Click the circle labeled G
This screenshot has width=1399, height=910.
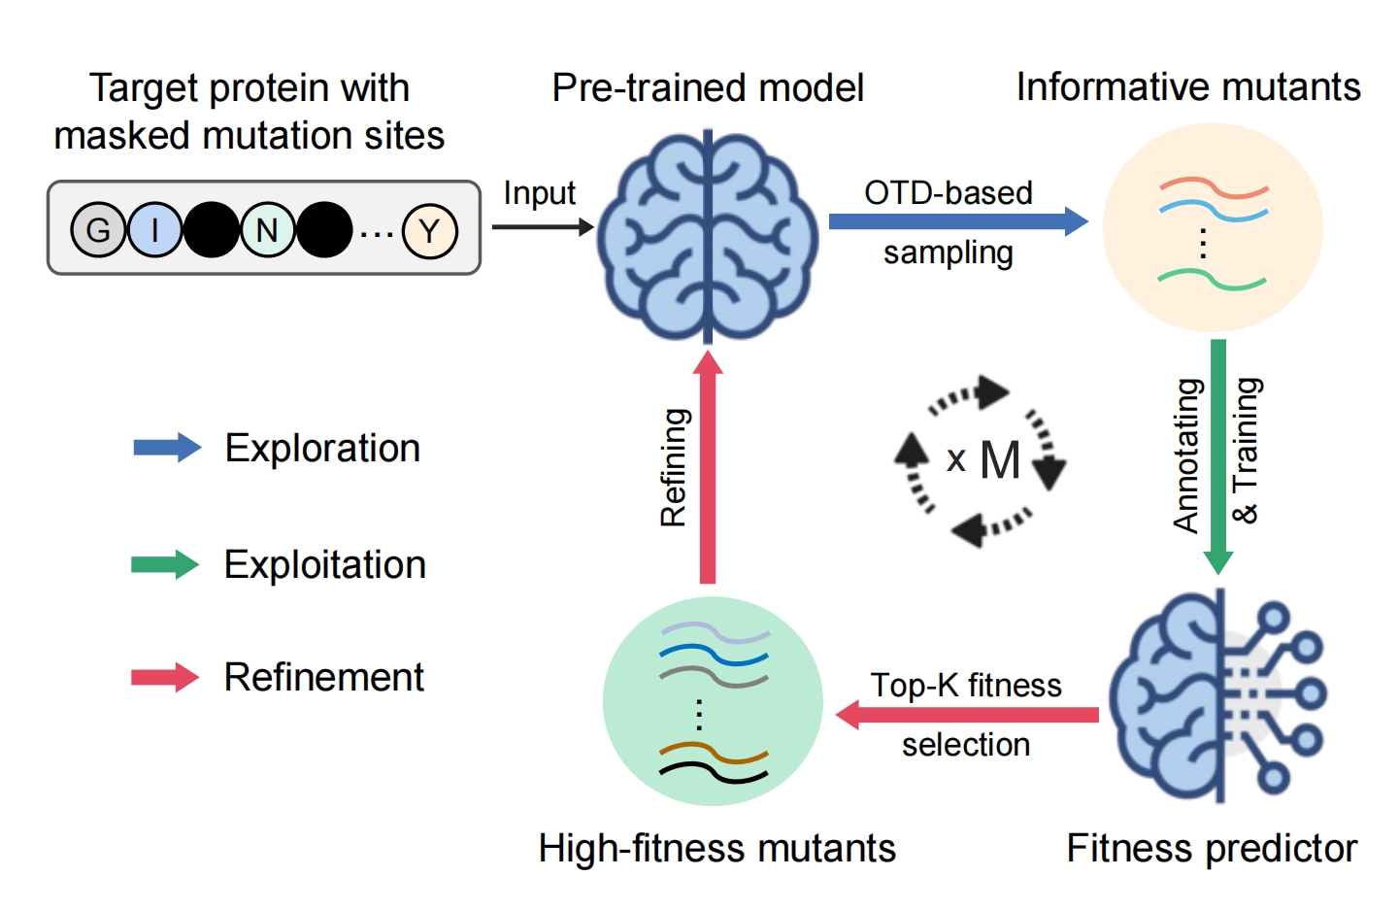[98, 230]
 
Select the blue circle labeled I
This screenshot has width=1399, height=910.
[154, 230]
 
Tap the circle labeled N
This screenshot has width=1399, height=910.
[267, 230]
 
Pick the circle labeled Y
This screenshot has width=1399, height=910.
[429, 231]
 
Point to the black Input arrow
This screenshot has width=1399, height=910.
[542, 227]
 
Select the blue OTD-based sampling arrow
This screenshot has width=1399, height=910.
[957, 221]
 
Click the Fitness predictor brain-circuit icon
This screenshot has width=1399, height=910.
[1217, 695]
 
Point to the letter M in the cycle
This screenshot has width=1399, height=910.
[1000, 460]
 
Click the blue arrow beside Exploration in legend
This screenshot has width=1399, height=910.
[166, 448]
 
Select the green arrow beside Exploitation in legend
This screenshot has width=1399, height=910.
[165, 564]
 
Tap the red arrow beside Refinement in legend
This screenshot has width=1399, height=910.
[165, 677]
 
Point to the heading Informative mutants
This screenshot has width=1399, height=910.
[1187, 87]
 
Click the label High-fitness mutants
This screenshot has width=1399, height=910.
[716, 848]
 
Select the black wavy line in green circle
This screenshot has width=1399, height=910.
[714, 772]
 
